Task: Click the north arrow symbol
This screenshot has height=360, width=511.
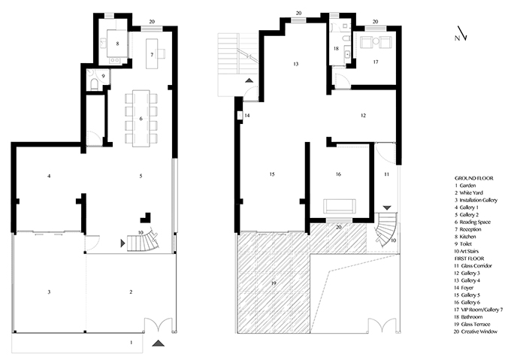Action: coord(461,35)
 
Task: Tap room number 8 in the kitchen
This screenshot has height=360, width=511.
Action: coord(117,44)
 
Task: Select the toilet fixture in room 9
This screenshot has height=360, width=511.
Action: coord(94,84)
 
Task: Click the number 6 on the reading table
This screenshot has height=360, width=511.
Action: coord(141,119)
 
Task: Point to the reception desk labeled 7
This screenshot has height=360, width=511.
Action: coord(152,54)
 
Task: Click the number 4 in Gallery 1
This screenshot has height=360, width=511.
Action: coord(49,177)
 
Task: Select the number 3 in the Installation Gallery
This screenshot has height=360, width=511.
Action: coord(49,292)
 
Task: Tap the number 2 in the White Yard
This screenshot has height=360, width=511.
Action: coord(131,292)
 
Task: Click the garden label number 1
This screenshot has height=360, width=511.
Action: coord(132,343)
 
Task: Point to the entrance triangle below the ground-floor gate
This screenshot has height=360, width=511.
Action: coord(158,343)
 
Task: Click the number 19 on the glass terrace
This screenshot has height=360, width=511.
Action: coord(274,283)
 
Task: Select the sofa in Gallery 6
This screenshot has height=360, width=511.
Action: coord(339,206)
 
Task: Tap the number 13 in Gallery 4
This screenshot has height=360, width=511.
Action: coord(295,64)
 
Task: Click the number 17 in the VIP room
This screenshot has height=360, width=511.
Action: coord(376,62)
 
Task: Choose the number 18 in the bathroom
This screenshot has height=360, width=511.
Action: coord(336,49)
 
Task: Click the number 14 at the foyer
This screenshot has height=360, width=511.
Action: coord(247,115)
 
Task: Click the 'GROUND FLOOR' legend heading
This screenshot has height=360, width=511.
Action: coord(474,178)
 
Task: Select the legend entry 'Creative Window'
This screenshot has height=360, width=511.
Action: coord(479,331)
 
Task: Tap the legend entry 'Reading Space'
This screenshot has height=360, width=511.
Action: coord(475,222)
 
